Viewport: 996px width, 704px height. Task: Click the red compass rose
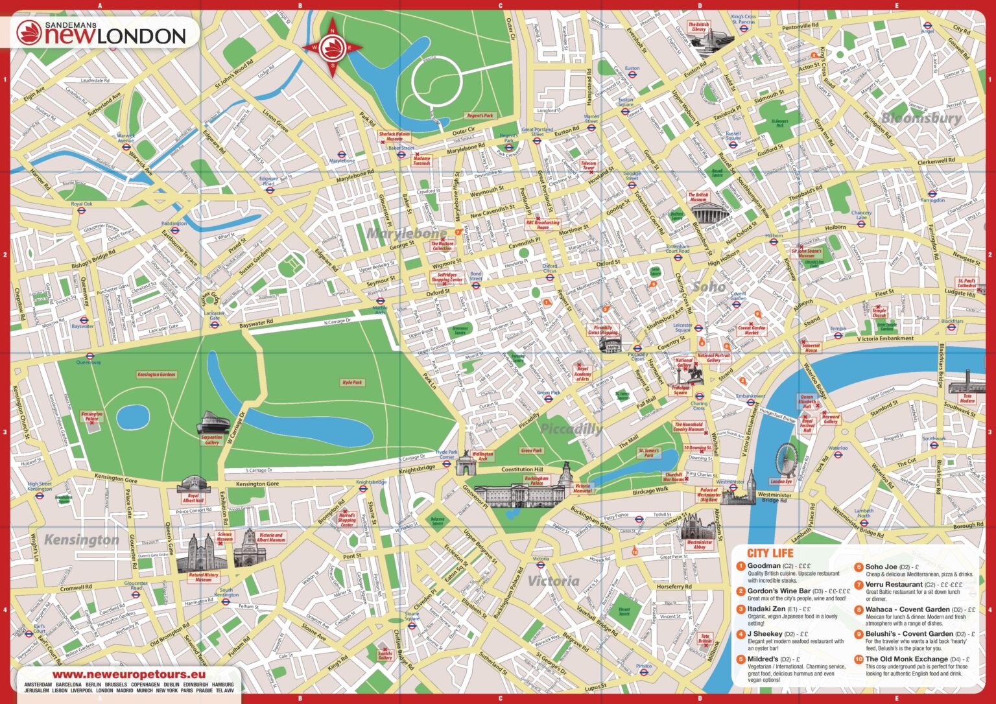pos(333,47)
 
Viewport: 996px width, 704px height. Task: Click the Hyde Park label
pos(351,382)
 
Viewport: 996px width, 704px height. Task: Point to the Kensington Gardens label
pos(156,375)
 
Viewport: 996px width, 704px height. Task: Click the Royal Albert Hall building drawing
pos(193,484)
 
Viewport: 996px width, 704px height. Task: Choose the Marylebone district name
pos(407,233)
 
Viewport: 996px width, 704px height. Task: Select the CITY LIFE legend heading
pos(770,553)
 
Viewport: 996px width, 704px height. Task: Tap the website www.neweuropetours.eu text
pos(125,675)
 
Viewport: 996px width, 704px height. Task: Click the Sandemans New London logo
pos(102,33)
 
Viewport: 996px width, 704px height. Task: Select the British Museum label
pos(698,197)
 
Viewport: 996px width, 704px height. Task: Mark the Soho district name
pos(709,286)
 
